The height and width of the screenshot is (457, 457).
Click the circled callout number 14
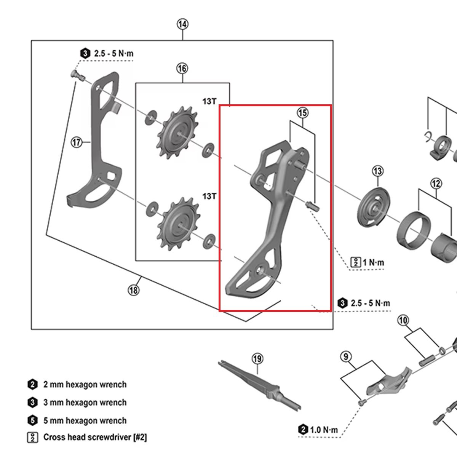[x=182, y=24]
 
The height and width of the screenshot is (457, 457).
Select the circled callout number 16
[x=182, y=69]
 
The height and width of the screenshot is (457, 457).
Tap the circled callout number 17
[x=76, y=142]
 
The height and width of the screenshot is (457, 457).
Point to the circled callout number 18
[x=133, y=290]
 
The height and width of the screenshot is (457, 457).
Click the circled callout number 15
[x=303, y=113]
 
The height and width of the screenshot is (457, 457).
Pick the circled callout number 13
[x=378, y=171]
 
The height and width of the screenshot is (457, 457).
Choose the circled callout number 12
[x=436, y=184]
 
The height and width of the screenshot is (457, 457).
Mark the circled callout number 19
[x=257, y=359]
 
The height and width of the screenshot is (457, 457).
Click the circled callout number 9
[x=346, y=357]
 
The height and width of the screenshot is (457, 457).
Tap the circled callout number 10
[x=403, y=320]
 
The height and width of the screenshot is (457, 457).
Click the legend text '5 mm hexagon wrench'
[x=85, y=420]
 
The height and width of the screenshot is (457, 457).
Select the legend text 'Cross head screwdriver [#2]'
[x=94, y=437]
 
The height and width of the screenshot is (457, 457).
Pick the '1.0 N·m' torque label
[x=324, y=430]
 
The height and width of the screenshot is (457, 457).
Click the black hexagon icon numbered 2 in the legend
[x=33, y=385]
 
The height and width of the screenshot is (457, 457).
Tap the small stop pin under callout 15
[x=312, y=206]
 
